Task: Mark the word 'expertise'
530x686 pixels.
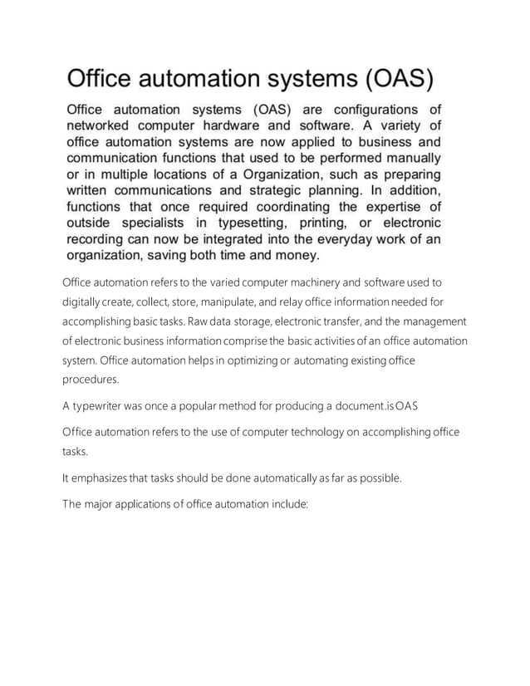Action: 384,206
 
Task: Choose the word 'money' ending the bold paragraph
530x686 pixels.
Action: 296,254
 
